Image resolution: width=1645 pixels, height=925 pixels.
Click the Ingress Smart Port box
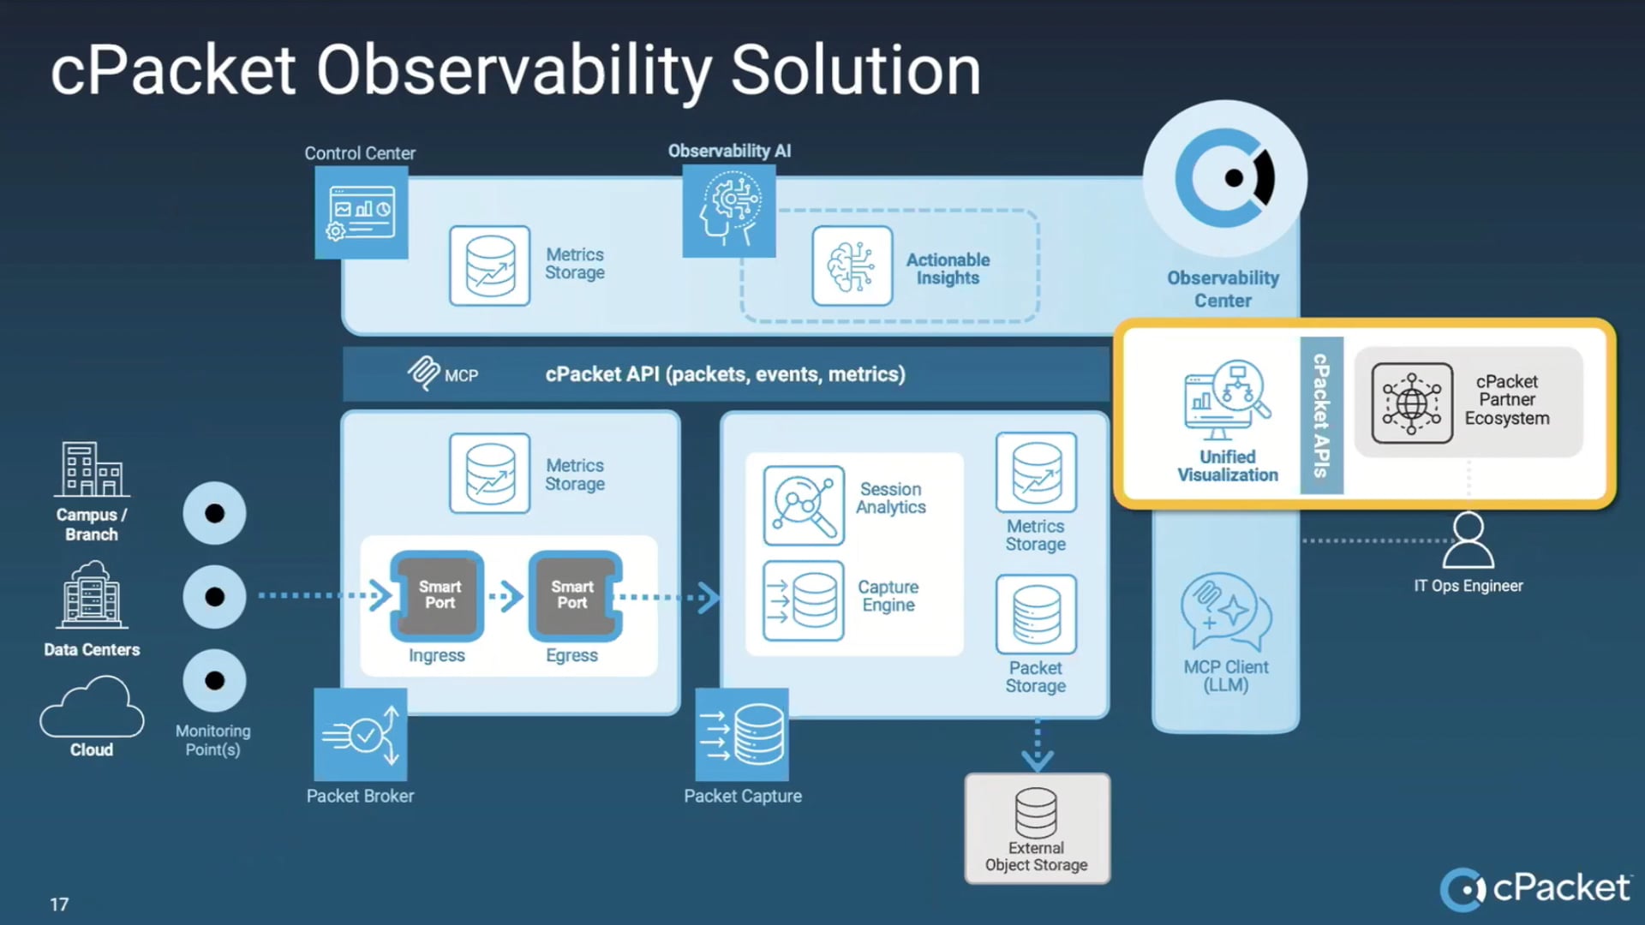coord(438,595)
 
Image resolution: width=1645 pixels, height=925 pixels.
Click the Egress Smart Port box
coord(573,595)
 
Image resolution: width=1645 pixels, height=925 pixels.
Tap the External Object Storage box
coord(1037,828)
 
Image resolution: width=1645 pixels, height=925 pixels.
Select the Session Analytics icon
coord(804,505)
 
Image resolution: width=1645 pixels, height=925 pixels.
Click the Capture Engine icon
coord(804,600)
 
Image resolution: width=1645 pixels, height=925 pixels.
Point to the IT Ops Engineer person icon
coord(1468,541)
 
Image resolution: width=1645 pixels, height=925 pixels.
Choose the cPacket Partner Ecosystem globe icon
coord(1411,403)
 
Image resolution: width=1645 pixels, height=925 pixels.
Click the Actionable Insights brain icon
coord(852,266)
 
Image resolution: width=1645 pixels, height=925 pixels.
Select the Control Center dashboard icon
coord(361,212)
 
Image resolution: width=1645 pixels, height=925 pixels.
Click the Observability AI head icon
coord(729,211)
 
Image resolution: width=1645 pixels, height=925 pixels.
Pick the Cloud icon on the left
coord(92,707)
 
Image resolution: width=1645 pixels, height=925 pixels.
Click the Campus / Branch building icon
coord(92,470)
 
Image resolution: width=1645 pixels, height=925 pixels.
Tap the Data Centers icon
coord(92,595)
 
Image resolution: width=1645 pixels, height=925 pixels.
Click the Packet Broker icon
coord(361,735)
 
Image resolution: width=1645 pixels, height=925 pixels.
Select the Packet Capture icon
coord(742,735)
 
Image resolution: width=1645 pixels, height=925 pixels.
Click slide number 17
coord(59,904)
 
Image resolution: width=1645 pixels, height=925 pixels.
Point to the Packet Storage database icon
coord(1036,614)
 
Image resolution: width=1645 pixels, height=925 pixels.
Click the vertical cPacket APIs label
coord(1320,415)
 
